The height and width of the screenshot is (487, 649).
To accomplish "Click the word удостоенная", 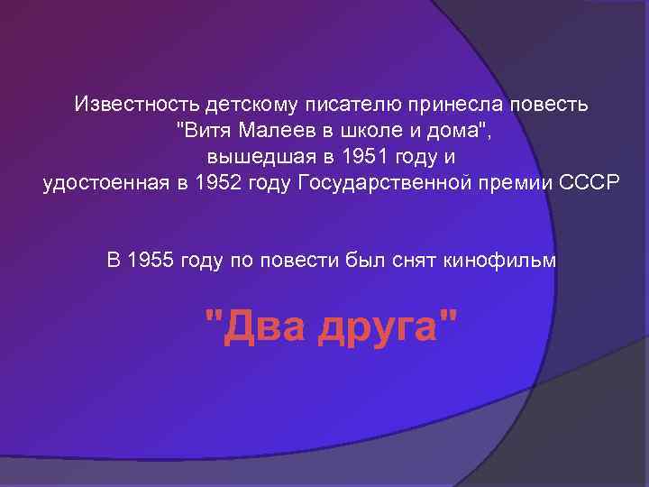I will coord(96,183).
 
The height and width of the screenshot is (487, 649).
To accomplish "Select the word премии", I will coord(516,183).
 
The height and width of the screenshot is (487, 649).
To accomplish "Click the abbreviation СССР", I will coord(588,183).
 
